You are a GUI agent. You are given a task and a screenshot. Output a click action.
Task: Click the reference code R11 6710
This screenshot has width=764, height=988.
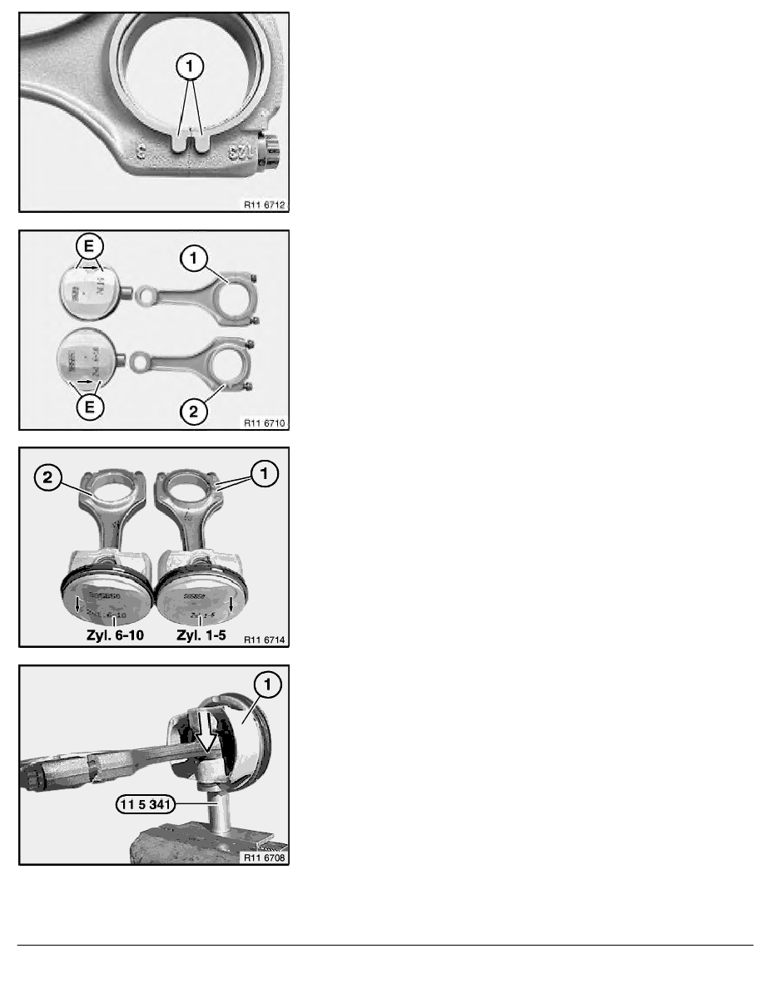tap(265, 422)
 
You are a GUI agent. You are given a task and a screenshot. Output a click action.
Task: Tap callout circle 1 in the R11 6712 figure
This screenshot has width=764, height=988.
tap(191, 64)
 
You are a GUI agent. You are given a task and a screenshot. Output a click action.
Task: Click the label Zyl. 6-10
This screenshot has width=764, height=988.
tap(108, 640)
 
